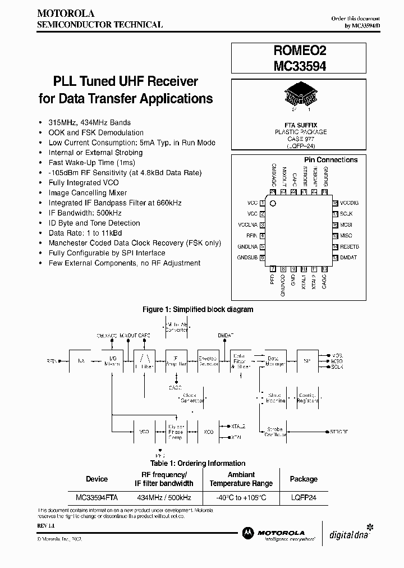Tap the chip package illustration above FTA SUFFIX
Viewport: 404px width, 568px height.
point(297,93)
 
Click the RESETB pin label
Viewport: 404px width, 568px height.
point(349,246)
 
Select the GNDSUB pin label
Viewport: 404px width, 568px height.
point(247,258)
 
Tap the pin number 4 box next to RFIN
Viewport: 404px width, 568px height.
point(263,236)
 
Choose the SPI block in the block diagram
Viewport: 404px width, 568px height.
point(305,361)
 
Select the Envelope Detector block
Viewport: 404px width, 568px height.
point(208,361)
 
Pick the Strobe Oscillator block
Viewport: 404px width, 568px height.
point(274,432)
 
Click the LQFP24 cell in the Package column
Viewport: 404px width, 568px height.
point(303,497)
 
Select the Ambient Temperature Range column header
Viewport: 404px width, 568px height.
point(241,479)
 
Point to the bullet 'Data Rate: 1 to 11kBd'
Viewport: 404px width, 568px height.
point(85,233)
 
